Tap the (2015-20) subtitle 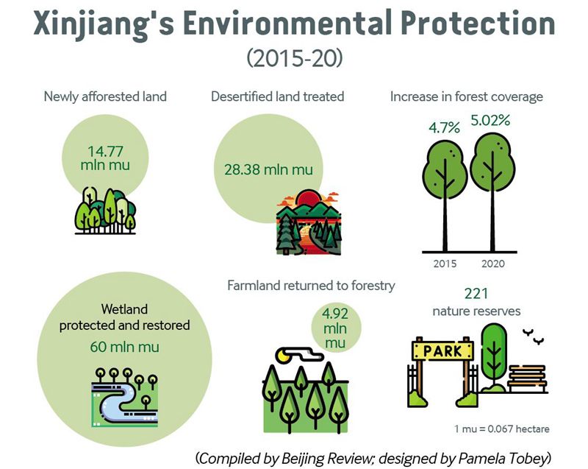click(x=295, y=58)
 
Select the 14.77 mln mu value click(x=105, y=158)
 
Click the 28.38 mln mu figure click(x=268, y=169)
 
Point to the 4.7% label click(x=445, y=127)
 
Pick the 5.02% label click(x=490, y=120)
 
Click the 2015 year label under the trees click(x=445, y=264)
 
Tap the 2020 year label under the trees click(x=493, y=264)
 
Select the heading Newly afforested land click(x=105, y=96)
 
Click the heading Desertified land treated click(x=278, y=96)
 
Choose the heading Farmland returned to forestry click(x=311, y=286)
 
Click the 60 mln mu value click(x=124, y=347)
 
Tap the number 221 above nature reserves click(x=476, y=293)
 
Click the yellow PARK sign click(x=443, y=351)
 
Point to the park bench click(x=527, y=378)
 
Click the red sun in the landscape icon click(x=307, y=198)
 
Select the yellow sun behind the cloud click(x=282, y=355)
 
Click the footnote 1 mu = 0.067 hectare click(x=502, y=429)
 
